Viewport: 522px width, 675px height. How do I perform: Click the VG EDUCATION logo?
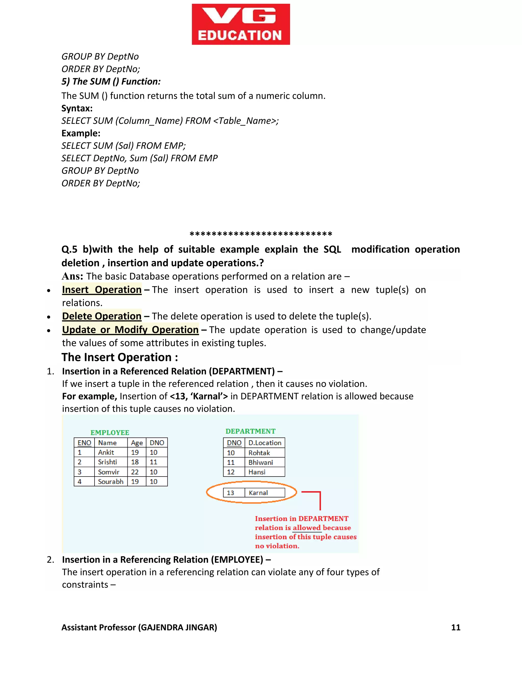point(241,24)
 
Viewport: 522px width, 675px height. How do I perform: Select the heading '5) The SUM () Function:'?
point(111,82)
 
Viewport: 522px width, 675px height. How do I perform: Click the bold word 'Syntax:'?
point(77,109)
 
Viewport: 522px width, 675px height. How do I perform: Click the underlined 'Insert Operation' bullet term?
point(102,290)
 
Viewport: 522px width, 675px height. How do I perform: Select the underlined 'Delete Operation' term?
point(102,316)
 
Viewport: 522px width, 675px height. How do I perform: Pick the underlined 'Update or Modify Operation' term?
point(130,330)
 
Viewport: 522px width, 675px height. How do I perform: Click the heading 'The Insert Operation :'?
point(120,357)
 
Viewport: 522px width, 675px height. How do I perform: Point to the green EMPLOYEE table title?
point(110,433)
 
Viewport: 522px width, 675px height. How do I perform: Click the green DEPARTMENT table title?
point(250,431)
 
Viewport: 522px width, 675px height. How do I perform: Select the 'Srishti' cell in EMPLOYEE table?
point(108,462)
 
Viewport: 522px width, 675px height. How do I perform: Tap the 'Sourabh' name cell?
point(110,481)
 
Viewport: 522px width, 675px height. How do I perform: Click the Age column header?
point(137,443)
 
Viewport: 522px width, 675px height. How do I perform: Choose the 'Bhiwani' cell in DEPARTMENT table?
point(261,463)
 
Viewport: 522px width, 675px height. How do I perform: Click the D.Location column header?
point(265,443)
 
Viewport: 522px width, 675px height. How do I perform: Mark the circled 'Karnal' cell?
point(258,493)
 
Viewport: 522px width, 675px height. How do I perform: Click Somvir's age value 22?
point(135,472)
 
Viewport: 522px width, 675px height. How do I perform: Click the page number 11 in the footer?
point(455,627)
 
